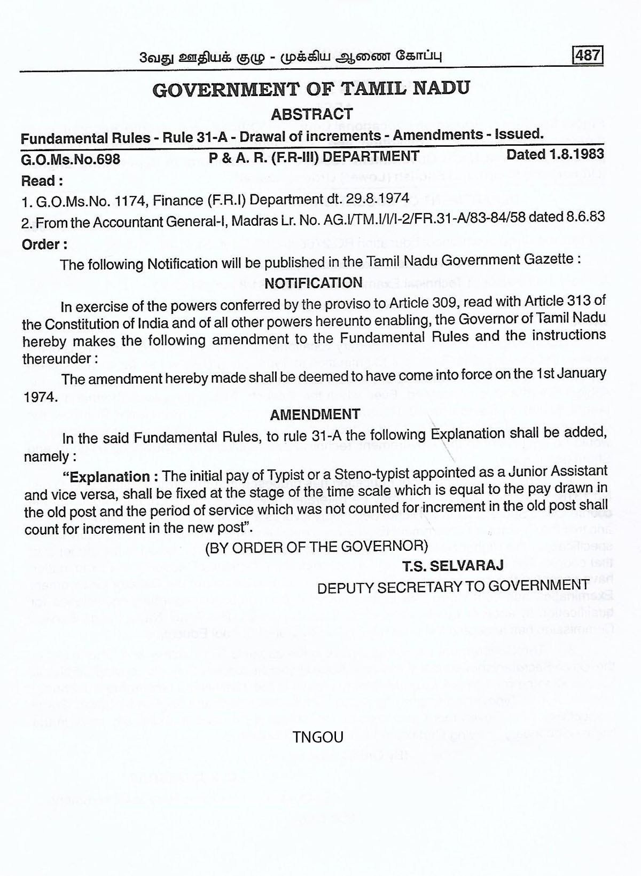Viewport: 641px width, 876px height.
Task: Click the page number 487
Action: pyautogui.click(x=588, y=56)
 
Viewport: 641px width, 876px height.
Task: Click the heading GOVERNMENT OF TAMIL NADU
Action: pyautogui.click(x=311, y=88)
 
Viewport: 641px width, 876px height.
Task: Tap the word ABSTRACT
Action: pyautogui.click(x=311, y=114)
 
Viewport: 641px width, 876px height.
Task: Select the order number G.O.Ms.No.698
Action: pyautogui.click(x=71, y=159)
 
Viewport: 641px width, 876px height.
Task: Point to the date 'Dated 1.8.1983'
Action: pyautogui.click(x=555, y=154)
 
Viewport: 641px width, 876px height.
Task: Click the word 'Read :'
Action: pyautogui.click(x=42, y=181)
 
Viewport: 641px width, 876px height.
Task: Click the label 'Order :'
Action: pyautogui.click(x=44, y=244)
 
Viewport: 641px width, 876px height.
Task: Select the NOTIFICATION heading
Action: pyautogui.click(x=314, y=283)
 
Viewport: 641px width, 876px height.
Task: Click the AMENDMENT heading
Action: pyautogui.click(x=315, y=415)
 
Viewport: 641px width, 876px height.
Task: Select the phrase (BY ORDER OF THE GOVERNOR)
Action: pyautogui.click(x=316, y=547)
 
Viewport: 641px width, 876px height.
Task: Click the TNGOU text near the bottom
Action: pyautogui.click(x=318, y=737)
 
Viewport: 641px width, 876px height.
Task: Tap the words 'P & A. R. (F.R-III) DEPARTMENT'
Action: pyautogui.click(x=314, y=156)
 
